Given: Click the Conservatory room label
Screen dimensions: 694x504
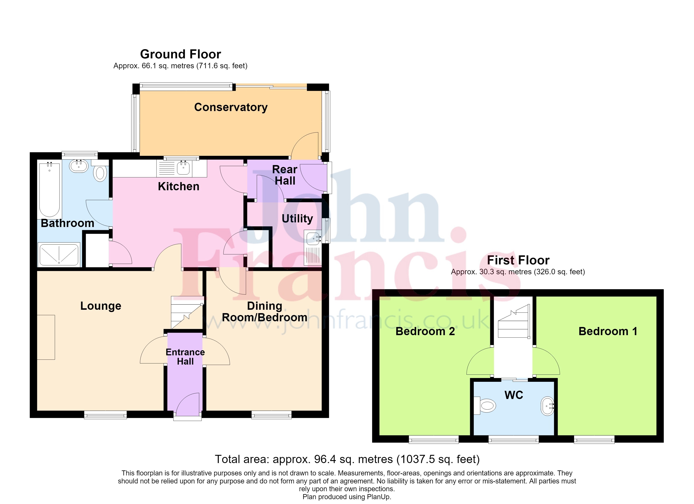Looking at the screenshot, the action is [231, 108].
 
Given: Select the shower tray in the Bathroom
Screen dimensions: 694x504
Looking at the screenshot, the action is [59, 254].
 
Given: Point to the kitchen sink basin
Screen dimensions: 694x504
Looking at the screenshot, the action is [183, 168].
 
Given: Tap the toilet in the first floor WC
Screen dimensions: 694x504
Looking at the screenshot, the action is [485, 406].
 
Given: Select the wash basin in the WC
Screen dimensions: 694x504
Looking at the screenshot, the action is [547, 406].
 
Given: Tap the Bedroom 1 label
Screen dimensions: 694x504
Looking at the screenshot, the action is [608, 331].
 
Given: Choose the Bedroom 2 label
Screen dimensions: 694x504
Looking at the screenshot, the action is [425, 331].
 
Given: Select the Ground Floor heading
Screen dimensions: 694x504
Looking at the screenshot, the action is [180, 54].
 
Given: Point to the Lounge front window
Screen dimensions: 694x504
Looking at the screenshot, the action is [106, 415].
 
